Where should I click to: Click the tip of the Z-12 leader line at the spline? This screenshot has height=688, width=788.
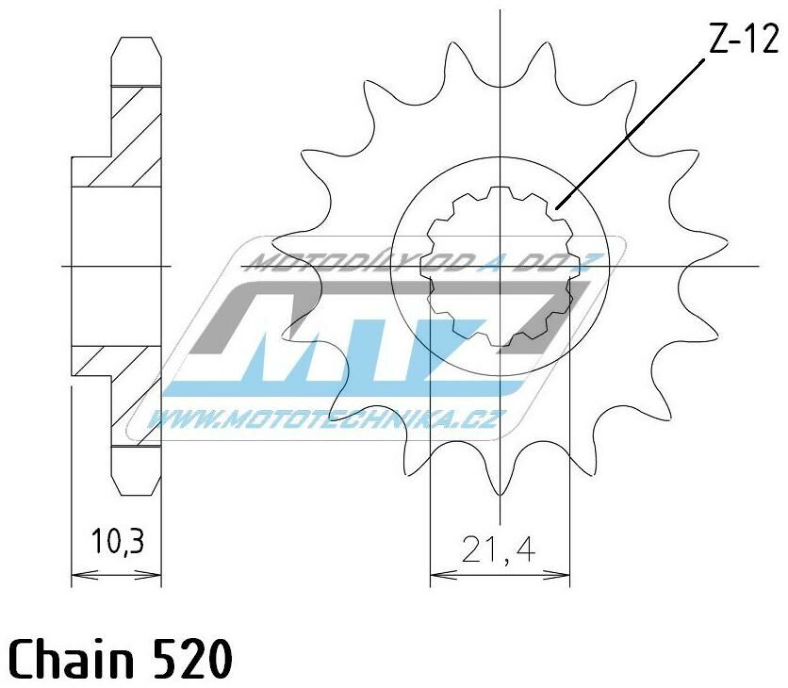[x=557, y=206]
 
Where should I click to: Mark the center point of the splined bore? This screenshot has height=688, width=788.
[x=500, y=267]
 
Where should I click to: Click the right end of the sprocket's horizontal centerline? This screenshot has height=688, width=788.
[x=757, y=267]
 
